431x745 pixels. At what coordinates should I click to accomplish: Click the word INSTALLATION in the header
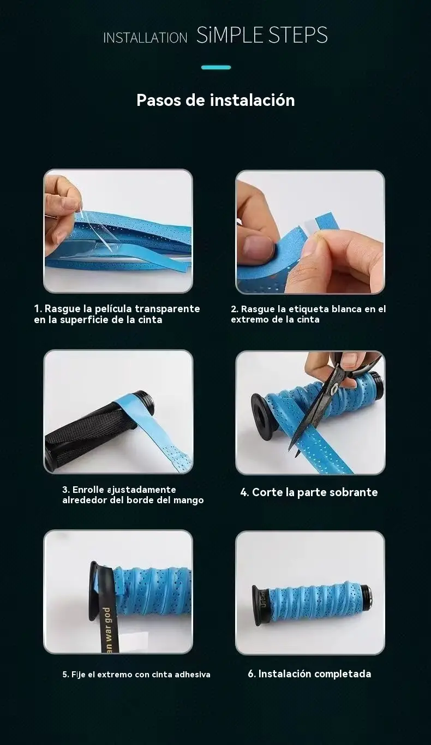145,38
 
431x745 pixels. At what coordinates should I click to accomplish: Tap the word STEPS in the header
298,35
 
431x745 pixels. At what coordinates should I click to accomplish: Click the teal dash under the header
216,68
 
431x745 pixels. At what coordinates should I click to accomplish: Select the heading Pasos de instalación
215,100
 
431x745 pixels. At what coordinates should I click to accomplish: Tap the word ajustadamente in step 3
141,490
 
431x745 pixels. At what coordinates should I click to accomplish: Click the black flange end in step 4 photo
262,414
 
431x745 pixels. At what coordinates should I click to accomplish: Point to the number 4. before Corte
244,492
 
